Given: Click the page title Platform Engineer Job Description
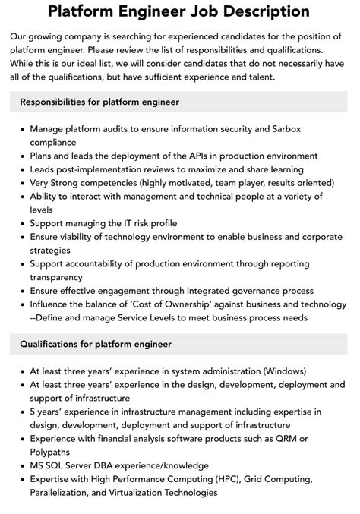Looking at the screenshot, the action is tap(179, 11).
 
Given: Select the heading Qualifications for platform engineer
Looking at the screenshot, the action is tap(96, 344).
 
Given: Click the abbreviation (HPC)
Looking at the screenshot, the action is tap(222, 478).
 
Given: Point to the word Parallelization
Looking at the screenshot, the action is tap(62, 492).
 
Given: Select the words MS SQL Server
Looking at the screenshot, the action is tap(68, 465).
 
